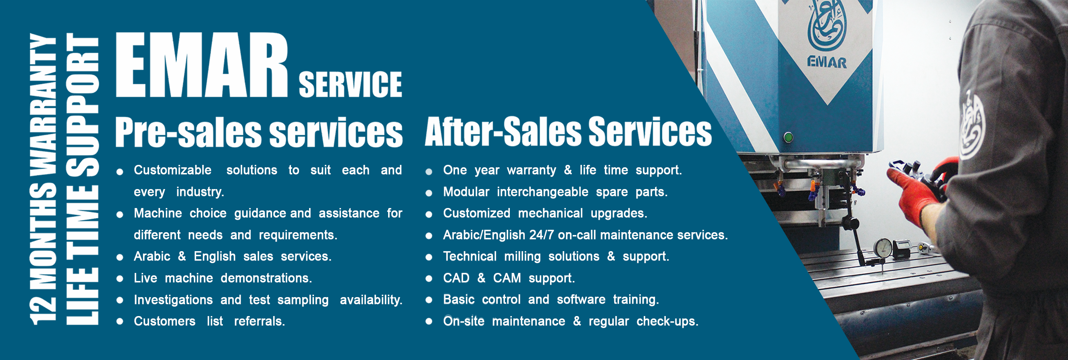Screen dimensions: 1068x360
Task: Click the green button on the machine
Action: [x=788, y=137]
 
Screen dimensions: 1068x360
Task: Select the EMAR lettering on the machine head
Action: [x=827, y=62]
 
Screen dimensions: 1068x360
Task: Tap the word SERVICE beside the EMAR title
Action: [x=350, y=85]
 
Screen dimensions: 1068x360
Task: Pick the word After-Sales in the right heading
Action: [x=503, y=131]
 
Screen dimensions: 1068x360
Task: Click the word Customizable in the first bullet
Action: [x=172, y=170]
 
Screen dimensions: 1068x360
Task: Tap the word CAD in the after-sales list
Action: [x=456, y=278]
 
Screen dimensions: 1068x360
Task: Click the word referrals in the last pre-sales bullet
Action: [x=260, y=321]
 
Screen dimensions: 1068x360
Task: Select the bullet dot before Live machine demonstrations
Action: [x=120, y=279]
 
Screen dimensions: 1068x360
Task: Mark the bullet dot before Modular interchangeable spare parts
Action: [x=429, y=193]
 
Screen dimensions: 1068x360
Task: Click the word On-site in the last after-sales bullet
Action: [x=463, y=321]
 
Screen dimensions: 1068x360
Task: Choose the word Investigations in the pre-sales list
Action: [x=173, y=300]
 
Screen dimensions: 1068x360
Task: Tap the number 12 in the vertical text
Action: [x=43, y=310]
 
